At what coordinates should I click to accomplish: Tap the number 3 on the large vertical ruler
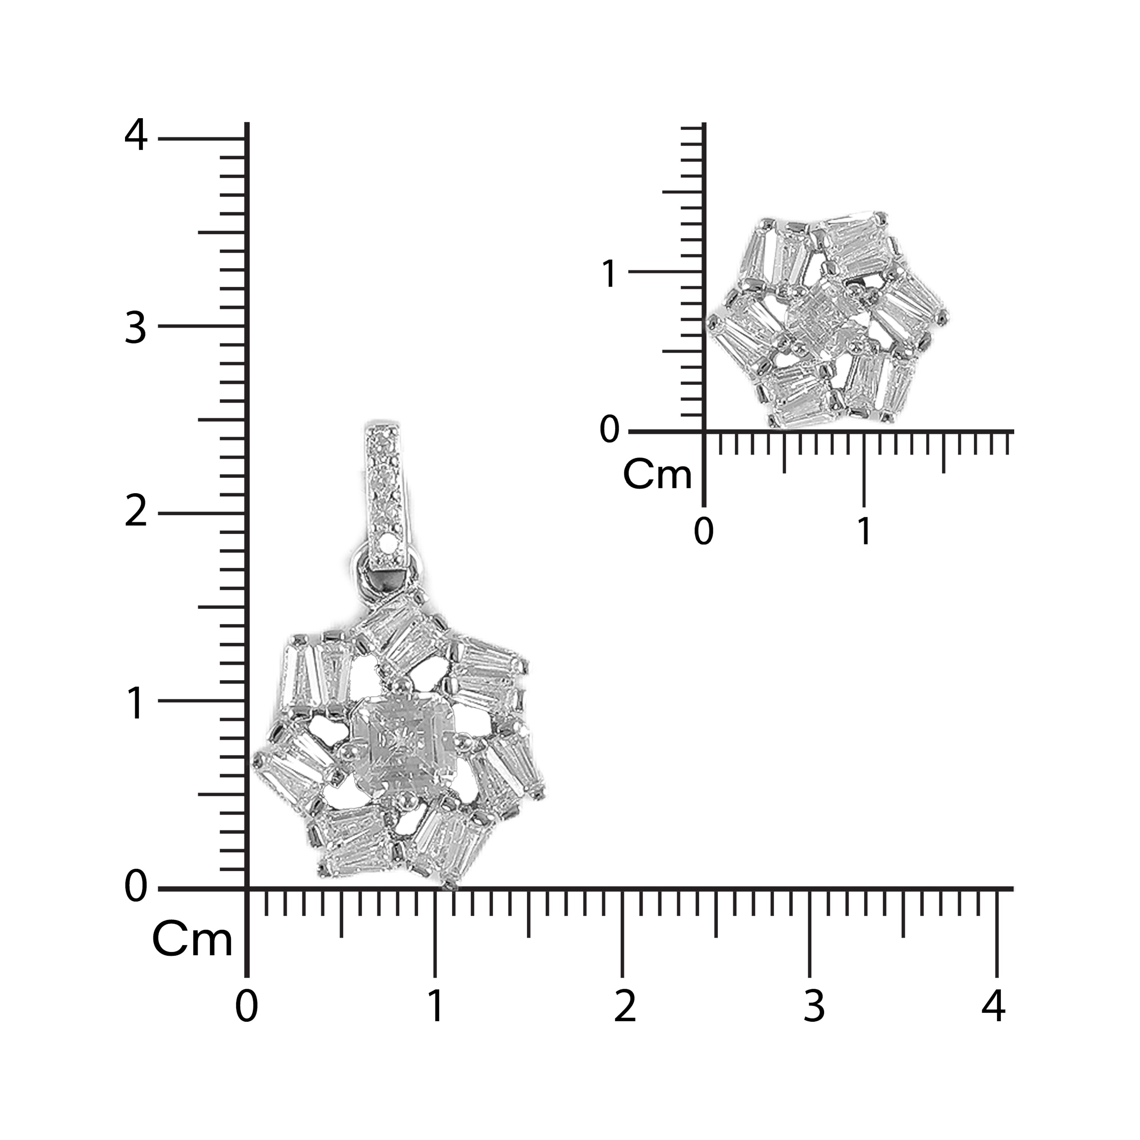[x=135, y=328]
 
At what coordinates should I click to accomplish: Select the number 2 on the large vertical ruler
[x=136, y=511]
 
